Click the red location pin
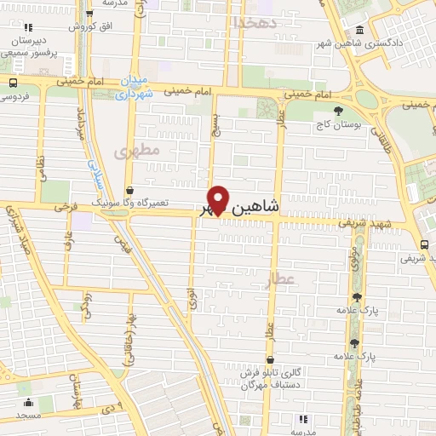218,198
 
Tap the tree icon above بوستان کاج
338,110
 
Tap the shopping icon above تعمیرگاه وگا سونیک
129,190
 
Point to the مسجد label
27,415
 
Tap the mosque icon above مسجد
27,402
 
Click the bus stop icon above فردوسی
13,83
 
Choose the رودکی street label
86,303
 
